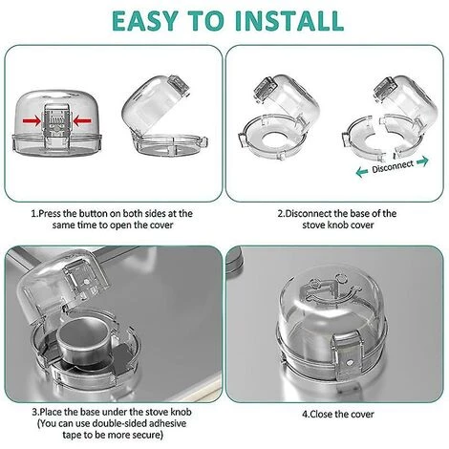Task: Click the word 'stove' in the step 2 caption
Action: [292, 225]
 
